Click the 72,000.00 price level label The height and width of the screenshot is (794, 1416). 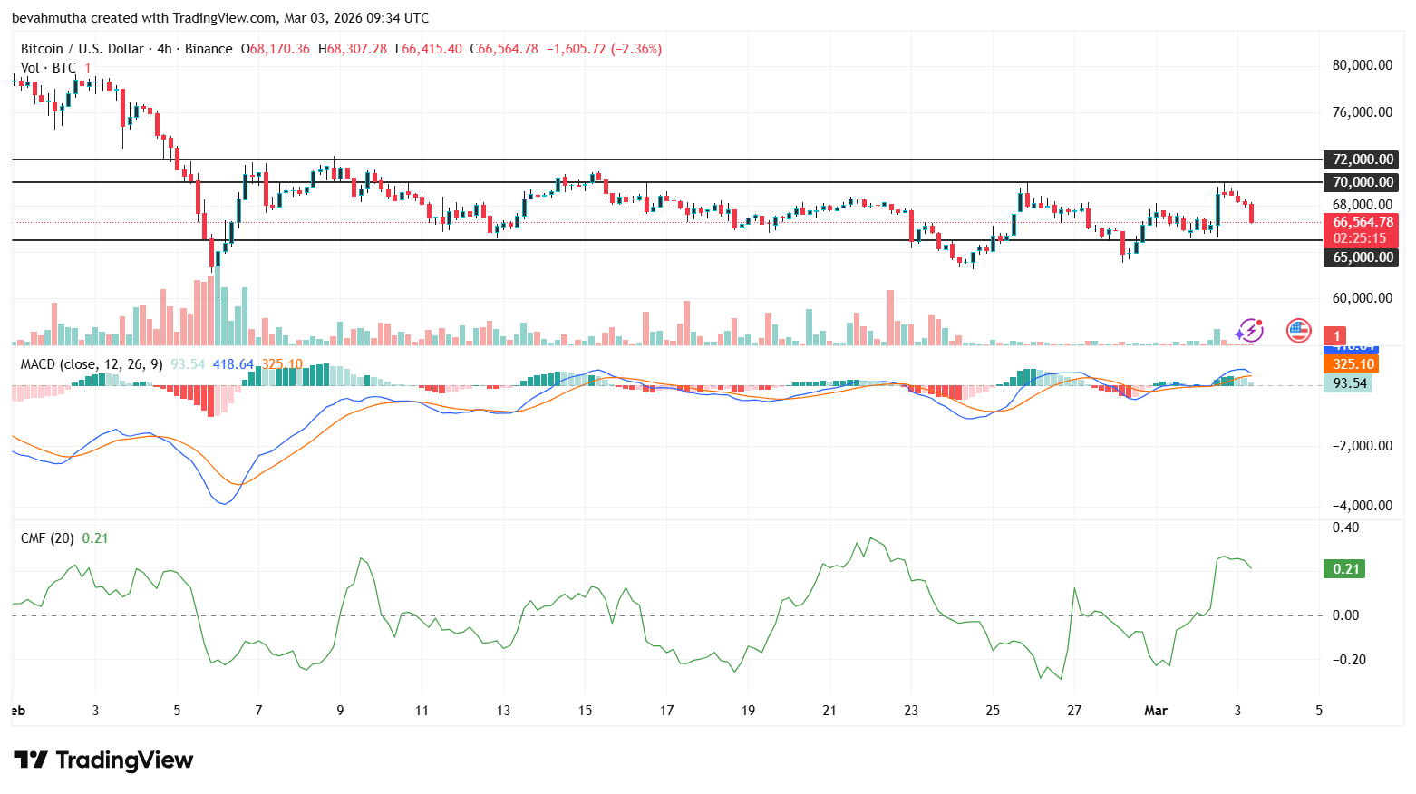pos(1362,160)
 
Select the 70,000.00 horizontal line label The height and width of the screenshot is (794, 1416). pos(1362,182)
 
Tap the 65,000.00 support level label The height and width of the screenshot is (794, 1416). pos(1362,257)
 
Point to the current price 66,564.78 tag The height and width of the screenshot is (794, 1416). pos(1362,222)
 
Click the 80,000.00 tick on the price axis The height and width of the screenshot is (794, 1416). pos(1362,65)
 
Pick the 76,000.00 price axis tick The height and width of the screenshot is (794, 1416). pos(1362,112)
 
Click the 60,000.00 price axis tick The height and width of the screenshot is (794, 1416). pos(1362,298)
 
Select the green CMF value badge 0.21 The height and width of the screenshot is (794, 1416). pos(1345,569)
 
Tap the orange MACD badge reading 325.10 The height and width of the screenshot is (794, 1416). pos(1353,364)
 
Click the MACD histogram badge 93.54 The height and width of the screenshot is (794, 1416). pos(1349,383)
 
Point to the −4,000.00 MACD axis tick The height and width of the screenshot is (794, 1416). pos(1362,506)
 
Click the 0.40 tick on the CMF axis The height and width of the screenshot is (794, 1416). pos(1345,528)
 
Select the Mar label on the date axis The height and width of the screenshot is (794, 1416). pos(1156,711)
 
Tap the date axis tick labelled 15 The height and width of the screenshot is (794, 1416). pos(585,711)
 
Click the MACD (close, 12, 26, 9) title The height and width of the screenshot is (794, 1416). pos(92,364)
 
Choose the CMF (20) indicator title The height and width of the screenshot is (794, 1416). pos(47,538)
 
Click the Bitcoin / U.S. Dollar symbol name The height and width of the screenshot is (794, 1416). pos(82,49)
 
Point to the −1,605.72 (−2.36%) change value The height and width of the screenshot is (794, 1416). pos(603,49)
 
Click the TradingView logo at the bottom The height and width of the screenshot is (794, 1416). pos(103,760)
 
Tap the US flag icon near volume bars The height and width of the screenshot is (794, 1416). pos(1298,331)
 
